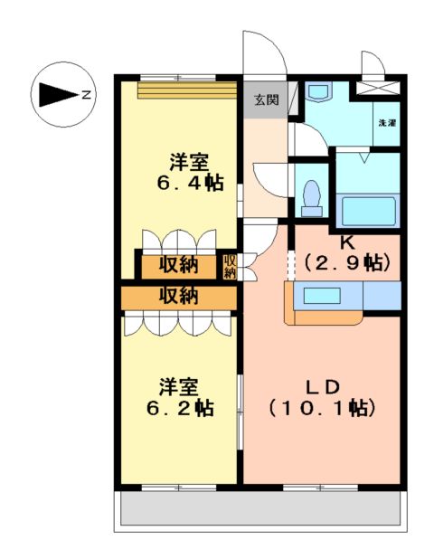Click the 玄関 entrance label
click(x=266, y=100)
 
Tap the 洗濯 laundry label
click(x=387, y=123)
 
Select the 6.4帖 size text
click(x=190, y=183)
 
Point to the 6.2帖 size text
click(x=180, y=408)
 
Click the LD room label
click(x=323, y=387)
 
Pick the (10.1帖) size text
click(x=322, y=408)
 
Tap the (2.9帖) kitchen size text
click(x=347, y=263)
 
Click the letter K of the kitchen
click(x=347, y=242)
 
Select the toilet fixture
click(x=311, y=198)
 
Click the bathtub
click(x=368, y=211)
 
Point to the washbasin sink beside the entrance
click(x=319, y=90)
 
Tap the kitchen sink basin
click(x=322, y=296)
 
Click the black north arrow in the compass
click(x=59, y=94)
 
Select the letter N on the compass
click(x=87, y=95)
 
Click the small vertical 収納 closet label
click(x=230, y=266)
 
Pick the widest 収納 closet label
click(x=178, y=296)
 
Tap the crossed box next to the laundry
click(x=379, y=88)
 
